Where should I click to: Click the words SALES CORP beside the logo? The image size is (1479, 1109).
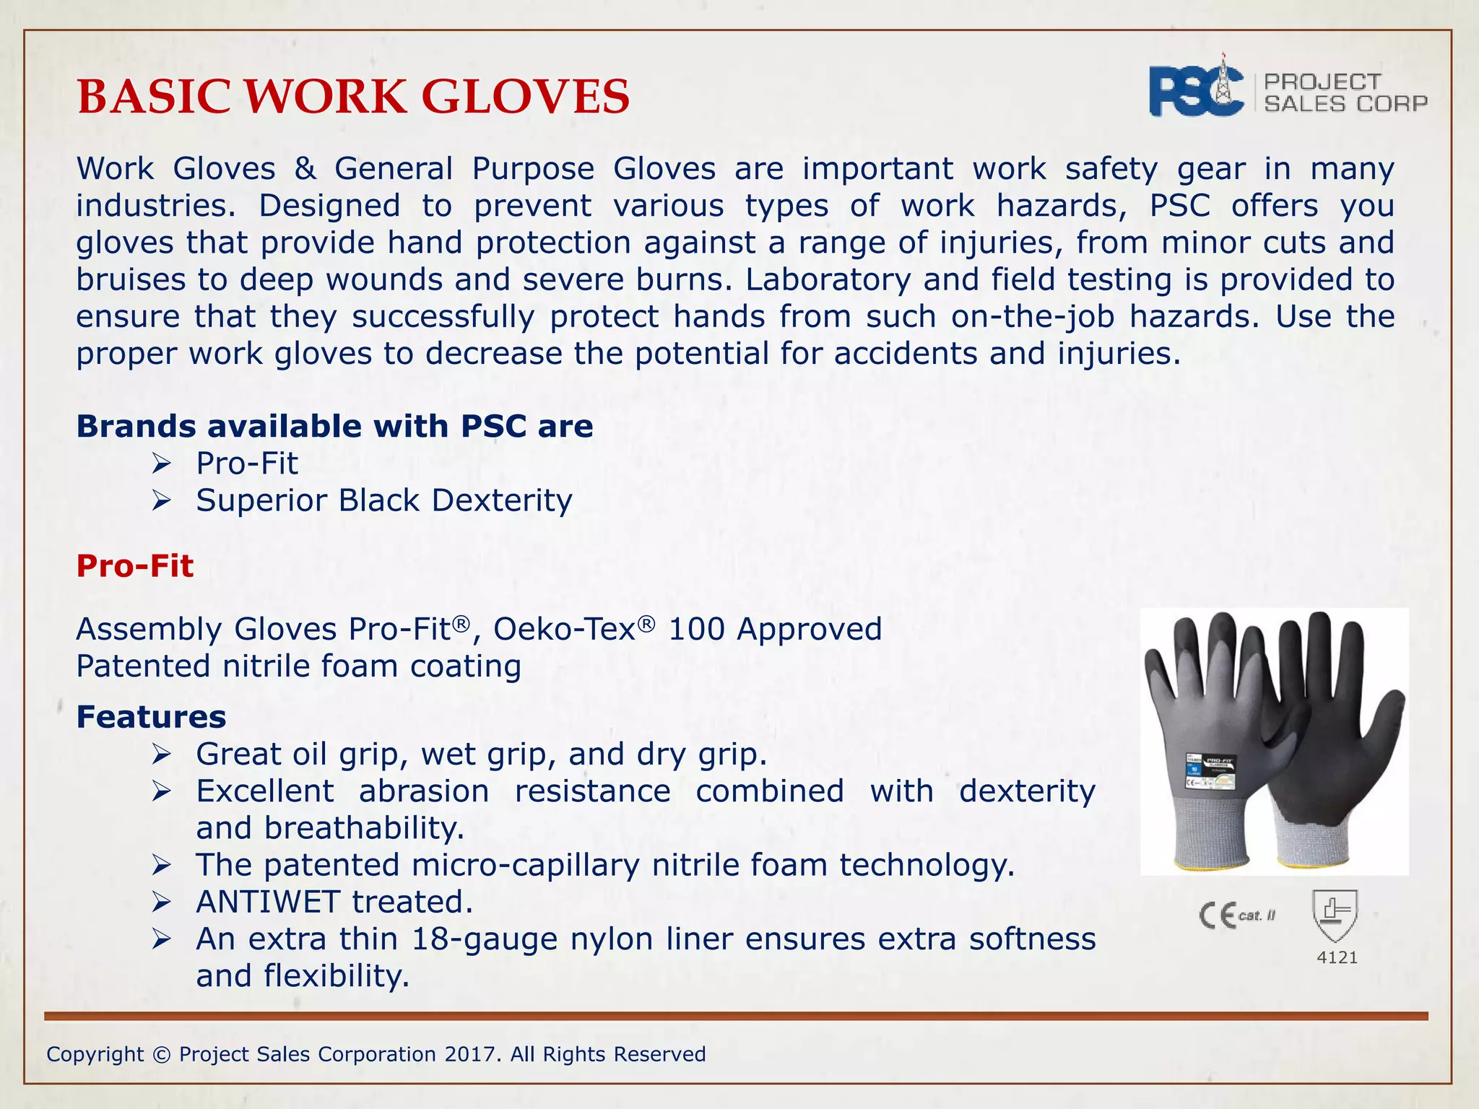tap(1345, 104)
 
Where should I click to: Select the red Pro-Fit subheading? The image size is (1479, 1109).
tap(135, 566)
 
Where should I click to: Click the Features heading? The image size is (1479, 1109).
tap(151, 717)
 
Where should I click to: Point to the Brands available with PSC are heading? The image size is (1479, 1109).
tap(334, 426)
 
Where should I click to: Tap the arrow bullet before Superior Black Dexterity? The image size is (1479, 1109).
tap(161, 500)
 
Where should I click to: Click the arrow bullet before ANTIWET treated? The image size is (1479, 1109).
tap(161, 902)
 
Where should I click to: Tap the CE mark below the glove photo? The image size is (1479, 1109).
tap(1218, 916)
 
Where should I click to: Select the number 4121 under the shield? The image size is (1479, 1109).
tap(1337, 957)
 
